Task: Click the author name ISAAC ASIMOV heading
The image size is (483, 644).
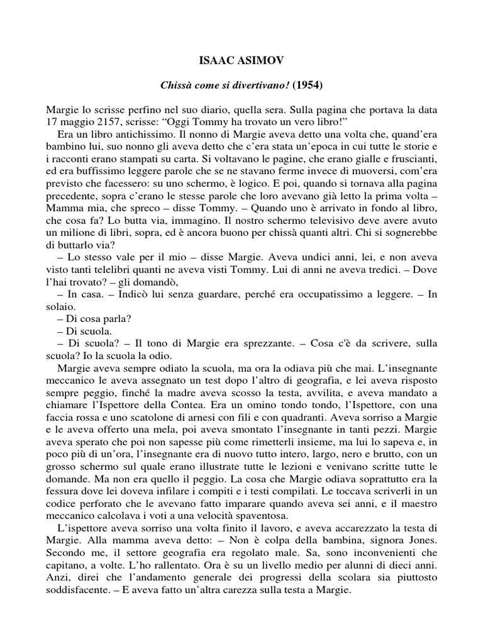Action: coord(241,63)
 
